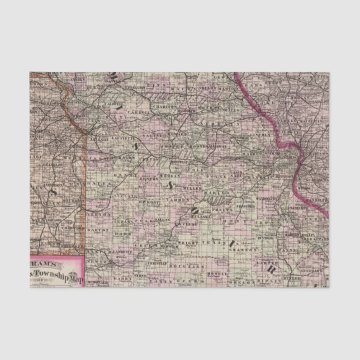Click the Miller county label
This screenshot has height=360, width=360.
(191, 187)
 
